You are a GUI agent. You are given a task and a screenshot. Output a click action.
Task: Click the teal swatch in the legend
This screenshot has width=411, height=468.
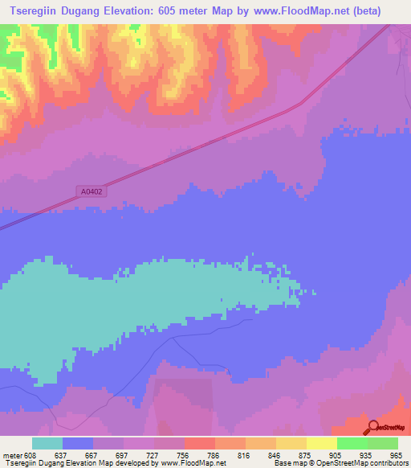(47, 443)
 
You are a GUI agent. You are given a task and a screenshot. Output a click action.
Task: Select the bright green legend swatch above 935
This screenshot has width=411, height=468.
(352, 443)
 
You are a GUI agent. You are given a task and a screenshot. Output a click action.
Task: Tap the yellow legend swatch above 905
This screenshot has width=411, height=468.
(322, 443)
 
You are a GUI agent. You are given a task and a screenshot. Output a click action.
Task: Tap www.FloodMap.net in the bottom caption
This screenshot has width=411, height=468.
(192, 463)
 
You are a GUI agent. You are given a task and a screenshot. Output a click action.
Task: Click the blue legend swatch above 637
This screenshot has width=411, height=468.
(78, 443)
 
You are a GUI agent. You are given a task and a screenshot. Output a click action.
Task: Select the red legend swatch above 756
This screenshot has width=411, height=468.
(200, 443)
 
